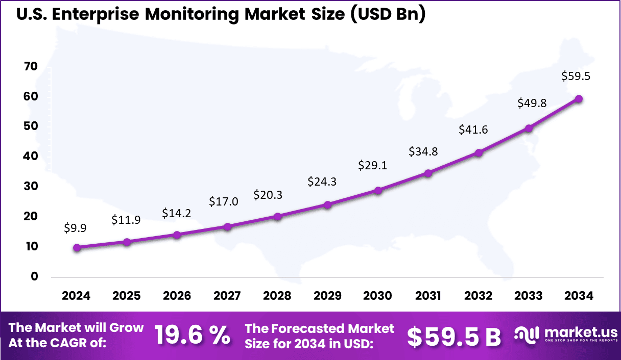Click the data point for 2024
point(77,248)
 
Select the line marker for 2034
point(579,99)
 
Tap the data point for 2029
point(328,205)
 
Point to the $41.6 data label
point(473,130)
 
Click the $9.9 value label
point(75,228)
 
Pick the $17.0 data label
point(223,201)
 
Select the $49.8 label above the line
point(532,103)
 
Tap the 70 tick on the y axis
point(31,66)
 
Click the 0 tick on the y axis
point(34,276)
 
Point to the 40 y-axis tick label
point(31,156)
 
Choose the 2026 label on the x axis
point(177,296)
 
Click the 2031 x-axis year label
point(428,296)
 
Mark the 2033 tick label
point(529,296)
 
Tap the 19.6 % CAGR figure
point(192,335)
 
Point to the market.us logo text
point(573,331)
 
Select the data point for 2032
point(479,152)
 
